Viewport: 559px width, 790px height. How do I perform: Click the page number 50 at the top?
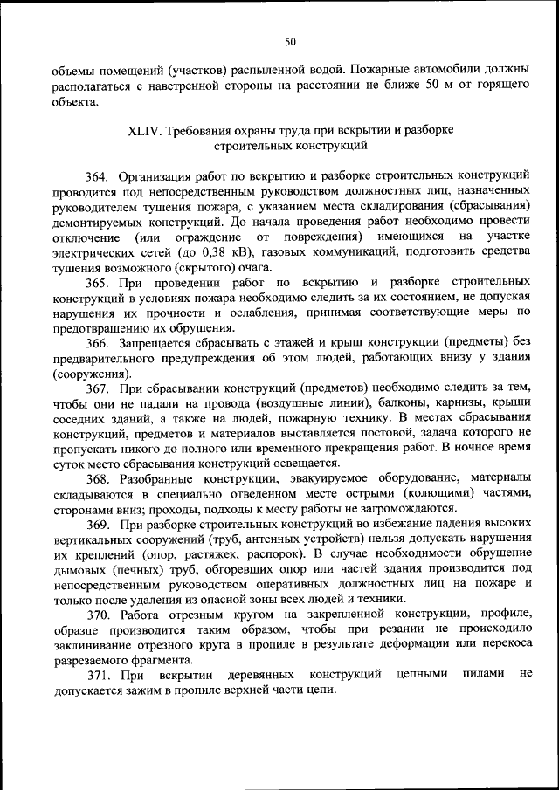pos(291,40)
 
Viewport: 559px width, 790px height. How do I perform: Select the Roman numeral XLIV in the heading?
pos(144,131)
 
